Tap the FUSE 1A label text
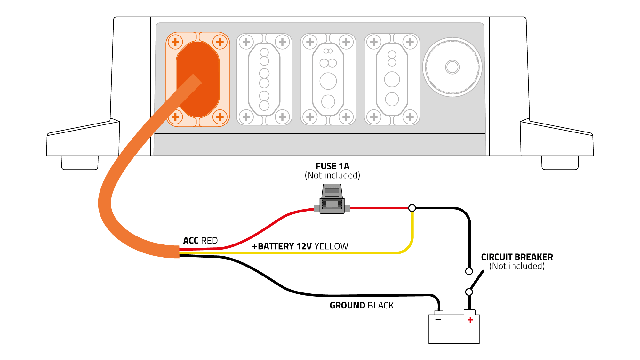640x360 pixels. pyautogui.click(x=332, y=166)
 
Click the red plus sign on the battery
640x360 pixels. pyautogui.click(x=470, y=320)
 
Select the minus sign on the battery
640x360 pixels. pyautogui.click(x=438, y=320)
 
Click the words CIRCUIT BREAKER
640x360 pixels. pyautogui.click(x=516, y=257)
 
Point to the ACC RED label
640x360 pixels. pyautogui.click(x=200, y=240)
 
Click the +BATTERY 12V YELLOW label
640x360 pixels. pyautogui.click(x=300, y=246)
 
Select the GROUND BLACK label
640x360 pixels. pyautogui.click(x=362, y=305)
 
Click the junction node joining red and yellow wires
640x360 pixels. pyautogui.click(x=412, y=208)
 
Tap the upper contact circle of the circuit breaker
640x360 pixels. pyautogui.click(x=469, y=271)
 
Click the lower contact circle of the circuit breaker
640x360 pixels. pyautogui.click(x=469, y=292)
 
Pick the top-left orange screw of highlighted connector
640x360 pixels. pyautogui.click(x=175, y=42)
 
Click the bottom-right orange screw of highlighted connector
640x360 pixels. pyautogui.click(x=220, y=117)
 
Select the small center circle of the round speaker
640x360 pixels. pyautogui.click(x=452, y=67)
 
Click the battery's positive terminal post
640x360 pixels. pyautogui.click(x=469, y=312)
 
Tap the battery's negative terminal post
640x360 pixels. pyautogui.click(x=439, y=313)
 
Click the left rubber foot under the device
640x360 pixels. pyautogui.click(x=80, y=163)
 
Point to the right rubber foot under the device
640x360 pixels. pyautogui.click(x=560, y=163)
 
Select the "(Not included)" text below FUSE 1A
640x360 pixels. pyautogui.click(x=332, y=175)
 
